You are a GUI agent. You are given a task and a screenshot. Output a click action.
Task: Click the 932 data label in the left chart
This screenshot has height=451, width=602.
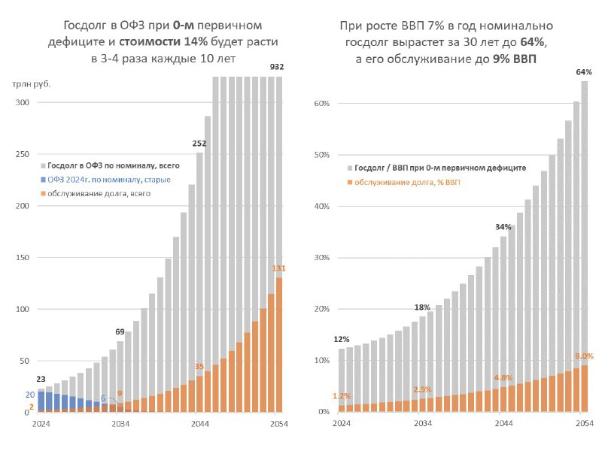point(277,67)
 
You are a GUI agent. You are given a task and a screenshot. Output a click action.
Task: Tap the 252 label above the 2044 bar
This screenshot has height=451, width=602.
point(199,144)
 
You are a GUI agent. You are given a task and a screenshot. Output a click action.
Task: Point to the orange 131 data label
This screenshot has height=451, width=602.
point(279,268)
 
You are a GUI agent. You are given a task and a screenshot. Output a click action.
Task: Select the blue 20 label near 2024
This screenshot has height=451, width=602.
point(30,395)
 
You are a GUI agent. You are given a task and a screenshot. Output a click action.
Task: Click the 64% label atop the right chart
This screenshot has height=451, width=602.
point(584,72)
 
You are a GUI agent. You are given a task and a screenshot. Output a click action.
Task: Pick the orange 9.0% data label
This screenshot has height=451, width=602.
point(584,356)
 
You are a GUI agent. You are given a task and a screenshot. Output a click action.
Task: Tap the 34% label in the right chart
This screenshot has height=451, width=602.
point(503,227)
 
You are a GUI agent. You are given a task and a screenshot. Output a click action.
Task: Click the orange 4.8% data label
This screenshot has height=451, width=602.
point(503,378)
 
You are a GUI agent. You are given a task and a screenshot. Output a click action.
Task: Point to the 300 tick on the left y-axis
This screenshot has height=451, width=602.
point(22,102)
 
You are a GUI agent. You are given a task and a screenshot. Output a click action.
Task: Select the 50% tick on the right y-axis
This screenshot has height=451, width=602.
point(322,155)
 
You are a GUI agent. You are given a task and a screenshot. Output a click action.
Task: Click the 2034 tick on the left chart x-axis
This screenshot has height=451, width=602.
point(120,424)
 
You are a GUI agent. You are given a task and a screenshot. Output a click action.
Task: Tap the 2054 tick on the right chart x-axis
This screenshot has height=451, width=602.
point(585,423)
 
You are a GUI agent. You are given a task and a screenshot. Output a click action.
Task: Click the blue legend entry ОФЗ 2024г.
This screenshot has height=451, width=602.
point(105,180)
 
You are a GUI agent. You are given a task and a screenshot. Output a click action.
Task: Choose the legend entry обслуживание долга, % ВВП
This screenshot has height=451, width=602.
point(403,182)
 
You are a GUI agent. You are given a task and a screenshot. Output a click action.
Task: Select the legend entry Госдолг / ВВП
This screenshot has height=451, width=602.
point(436,168)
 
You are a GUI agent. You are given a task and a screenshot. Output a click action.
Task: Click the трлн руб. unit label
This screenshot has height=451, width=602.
point(32,84)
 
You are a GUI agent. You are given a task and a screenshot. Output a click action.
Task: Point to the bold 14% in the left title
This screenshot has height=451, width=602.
point(196,41)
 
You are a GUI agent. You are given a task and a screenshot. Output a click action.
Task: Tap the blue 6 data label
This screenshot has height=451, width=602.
point(103,398)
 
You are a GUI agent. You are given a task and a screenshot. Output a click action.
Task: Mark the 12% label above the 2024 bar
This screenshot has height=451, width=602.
point(342,340)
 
